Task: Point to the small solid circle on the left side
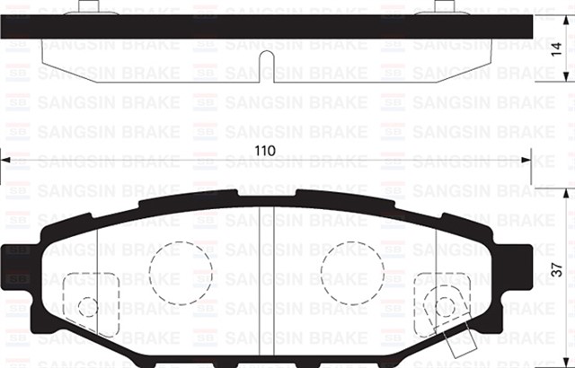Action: pos(87,307)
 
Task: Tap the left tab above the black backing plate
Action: pos(86,8)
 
